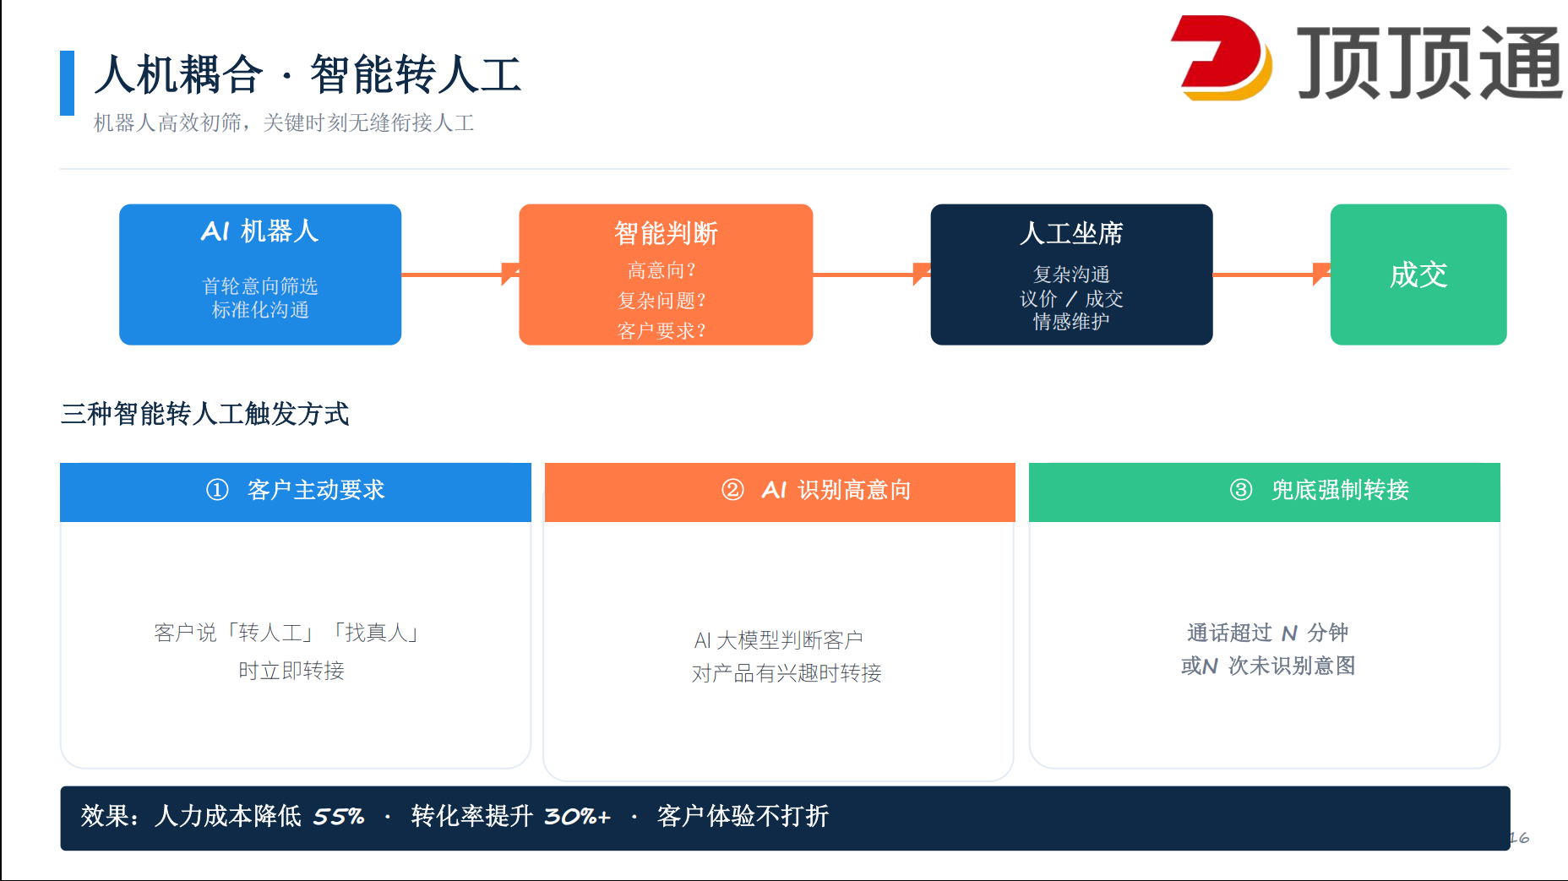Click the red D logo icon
(1221, 57)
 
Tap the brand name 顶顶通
(1429, 62)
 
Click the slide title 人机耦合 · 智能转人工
(308, 74)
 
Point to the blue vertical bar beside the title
(68, 83)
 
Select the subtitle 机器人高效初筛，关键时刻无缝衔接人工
(284, 123)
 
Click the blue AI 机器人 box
(260, 275)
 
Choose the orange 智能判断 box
(666, 275)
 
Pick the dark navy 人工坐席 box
(1071, 275)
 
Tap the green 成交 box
(1418, 275)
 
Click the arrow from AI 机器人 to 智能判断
(460, 274)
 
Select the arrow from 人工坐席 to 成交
(1271, 274)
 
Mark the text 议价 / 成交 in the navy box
(1071, 299)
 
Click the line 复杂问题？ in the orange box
(661, 301)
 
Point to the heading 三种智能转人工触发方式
(205, 414)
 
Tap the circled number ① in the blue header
(217, 490)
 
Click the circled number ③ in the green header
(1241, 490)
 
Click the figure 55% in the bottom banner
(339, 817)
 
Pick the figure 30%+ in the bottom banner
(577, 817)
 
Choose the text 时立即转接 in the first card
(291, 671)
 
